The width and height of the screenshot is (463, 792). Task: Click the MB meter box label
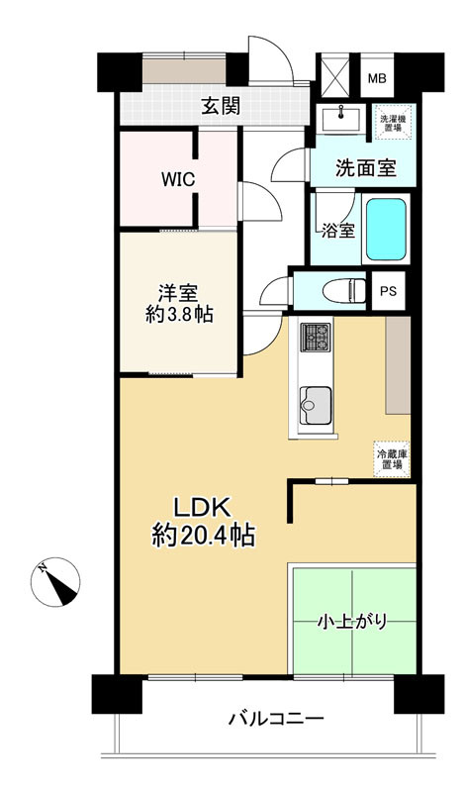pyautogui.click(x=377, y=79)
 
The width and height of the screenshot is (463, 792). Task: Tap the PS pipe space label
pyautogui.click(x=388, y=291)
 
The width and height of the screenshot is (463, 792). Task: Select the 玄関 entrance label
pyautogui.click(x=222, y=107)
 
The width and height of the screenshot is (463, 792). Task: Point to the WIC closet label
pyautogui.click(x=178, y=180)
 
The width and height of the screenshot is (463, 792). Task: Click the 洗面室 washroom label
pyautogui.click(x=366, y=168)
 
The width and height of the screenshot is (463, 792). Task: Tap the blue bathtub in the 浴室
pyautogui.click(x=386, y=230)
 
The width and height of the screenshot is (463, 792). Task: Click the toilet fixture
pyautogui.click(x=344, y=291)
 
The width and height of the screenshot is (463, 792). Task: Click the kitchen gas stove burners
pyautogui.click(x=315, y=338)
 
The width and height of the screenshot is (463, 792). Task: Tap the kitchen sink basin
pyautogui.click(x=316, y=406)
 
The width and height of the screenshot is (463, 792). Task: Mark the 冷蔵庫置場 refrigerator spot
pyautogui.click(x=392, y=459)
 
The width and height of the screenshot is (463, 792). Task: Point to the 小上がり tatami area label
pyautogui.click(x=351, y=622)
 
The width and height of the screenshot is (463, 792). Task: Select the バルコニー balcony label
pyautogui.click(x=276, y=719)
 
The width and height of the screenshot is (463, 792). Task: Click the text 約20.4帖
pyautogui.click(x=203, y=536)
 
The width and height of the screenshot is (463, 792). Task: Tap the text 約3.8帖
pyautogui.click(x=179, y=315)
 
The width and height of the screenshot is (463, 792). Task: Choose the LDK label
pyautogui.click(x=203, y=508)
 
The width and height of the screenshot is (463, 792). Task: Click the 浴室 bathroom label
pyautogui.click(x=337, y=231)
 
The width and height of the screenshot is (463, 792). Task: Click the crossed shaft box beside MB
pyautogui.click(x=335, y=75)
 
